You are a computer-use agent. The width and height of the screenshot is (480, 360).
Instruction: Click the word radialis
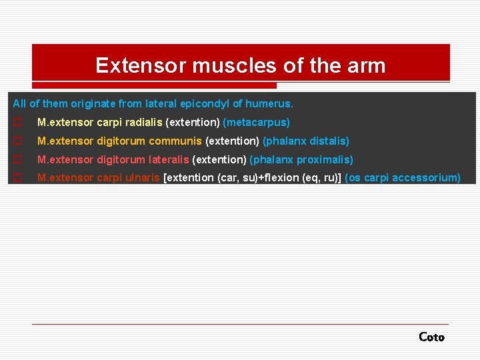pyautogui.click(x=142, y=123)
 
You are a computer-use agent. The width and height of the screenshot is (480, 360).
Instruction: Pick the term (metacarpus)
pyautogui.click(x=257, y=123)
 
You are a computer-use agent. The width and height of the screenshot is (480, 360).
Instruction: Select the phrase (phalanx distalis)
pyautogui.click(x=306, y=141)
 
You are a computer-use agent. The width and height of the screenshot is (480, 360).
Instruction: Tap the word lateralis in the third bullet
pyautogui.click(x=169, y=160)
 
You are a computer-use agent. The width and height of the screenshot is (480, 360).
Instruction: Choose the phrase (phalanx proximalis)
pyautogui.click(x=301, y=160)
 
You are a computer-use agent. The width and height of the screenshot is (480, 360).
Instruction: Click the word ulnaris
pyautogui.click(x=143, y=178)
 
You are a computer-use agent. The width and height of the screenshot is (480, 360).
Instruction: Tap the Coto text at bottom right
pyautogui.click(x=431, y=337)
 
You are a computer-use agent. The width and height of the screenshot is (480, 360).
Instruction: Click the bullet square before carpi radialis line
pyautogui.click(x=17, y=123)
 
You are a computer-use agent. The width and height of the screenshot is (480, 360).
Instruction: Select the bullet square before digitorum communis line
pyautogui.click(x=17, y=141)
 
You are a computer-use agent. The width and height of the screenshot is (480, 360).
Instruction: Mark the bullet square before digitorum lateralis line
pyautogui.click(x=17, y=160)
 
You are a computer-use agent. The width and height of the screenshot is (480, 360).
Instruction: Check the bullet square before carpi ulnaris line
pyautogui.click(x=17, y=178)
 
